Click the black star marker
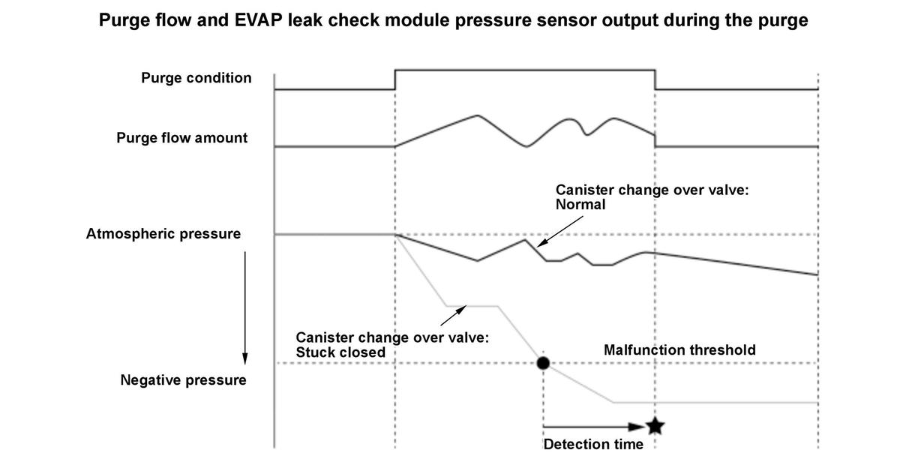pyautogui.click(x=655, y=427)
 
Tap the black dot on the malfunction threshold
pyautogui.click(x=543, y=363)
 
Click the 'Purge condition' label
pyautogui.click(x=196, y=77)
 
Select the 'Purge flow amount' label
pyautogui.click(x=182, y=137)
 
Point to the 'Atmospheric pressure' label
pyautogui.click(x=163, y=233)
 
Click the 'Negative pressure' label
pyautogui.click(x=183, y=379)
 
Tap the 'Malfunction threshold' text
pyautogui.click(x=679, y=349)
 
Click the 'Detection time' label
pyautogui.click(x=593, y=444)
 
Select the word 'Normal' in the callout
pyautogui.click(x=580, y=204)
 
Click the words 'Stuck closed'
pyautogui.click(x=340, y=352)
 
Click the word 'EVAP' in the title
pyautogui.click(x=258, y=20)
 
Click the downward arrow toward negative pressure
pyautogui.click(x=245, y=308)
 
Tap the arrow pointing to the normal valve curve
pyautogui.click(x=560, y=232)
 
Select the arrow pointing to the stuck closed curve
pyautogui.click(x=453, y=316)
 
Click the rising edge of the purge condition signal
pyautogui.click(x=395, y=79)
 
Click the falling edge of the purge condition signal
pyautogui.click(x=655, y=79)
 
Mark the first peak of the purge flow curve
pyautogui.click(x=477, y=115)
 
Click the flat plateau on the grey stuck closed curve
pyautogui.click(x=472, y=306)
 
